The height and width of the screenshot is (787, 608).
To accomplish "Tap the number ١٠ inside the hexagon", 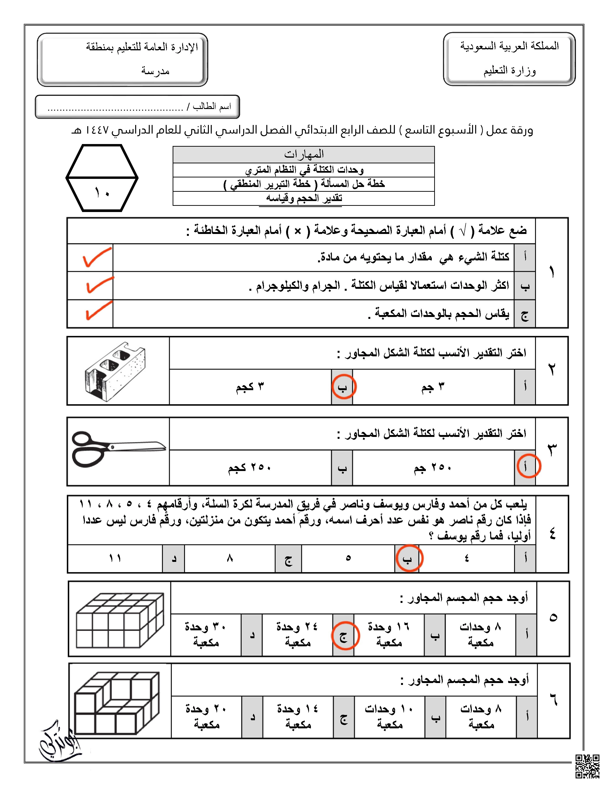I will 102,193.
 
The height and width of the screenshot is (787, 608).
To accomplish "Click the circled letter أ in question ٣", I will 528,466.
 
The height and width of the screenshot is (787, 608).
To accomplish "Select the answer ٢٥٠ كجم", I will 249,468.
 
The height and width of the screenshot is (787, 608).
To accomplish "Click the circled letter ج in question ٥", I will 345,636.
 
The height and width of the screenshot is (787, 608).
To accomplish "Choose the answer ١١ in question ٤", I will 115,558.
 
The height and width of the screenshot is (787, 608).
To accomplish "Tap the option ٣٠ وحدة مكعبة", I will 205,634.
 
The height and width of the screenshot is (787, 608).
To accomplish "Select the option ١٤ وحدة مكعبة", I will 298,716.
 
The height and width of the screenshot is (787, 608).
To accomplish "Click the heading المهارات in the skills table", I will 304,155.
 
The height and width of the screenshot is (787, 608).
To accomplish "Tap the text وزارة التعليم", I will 509,71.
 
